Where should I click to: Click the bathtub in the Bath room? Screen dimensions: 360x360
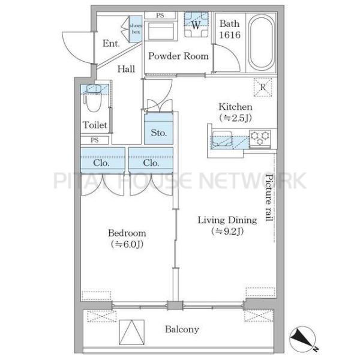pos(261,43)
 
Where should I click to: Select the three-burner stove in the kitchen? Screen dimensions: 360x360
pos(260,138)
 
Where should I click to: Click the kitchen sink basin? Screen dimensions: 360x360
pos(222,139)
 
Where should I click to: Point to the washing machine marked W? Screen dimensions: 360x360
pos(196,25)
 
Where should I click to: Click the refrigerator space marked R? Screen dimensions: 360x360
pos(263,87)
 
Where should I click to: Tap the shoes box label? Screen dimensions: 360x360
pos(136,29)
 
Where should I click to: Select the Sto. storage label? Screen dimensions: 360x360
pos(158,133)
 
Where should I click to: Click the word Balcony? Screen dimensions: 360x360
pos(182,329)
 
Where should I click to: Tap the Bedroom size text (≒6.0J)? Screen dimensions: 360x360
pos(127,244)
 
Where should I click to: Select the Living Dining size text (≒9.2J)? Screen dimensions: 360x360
pos(227,231)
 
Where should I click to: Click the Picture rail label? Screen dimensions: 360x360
pos(269,197)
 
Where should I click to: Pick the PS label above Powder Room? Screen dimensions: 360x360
pos(160,16)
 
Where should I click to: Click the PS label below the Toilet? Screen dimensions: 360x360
pos(95,140)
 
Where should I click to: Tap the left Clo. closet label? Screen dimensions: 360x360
pos(101,163)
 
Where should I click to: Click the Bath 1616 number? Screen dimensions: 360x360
pos(230,35)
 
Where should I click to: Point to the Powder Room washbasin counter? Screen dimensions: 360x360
pos(161,31)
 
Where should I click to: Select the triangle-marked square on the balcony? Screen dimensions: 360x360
pos(132,332)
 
